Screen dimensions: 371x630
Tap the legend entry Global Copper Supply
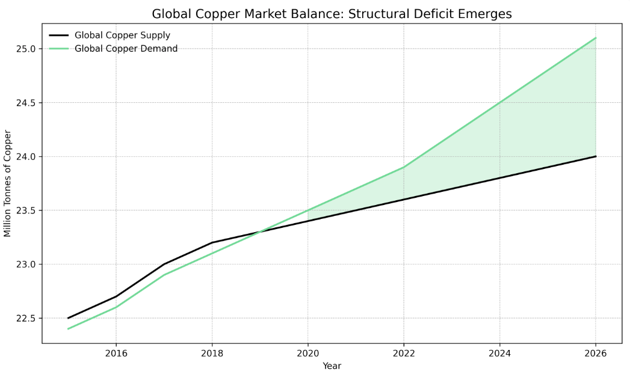tap(122, 35)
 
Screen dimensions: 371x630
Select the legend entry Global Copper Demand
tap(126, 49)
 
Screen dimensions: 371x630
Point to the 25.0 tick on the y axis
tap(26, 49)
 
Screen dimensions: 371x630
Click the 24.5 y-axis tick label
tap(26, 103)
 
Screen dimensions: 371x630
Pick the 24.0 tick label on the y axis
tap(26, 157)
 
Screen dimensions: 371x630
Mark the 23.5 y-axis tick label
tap(26, 210)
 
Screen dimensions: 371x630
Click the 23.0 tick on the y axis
tap(26, 265)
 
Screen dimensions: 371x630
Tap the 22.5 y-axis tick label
tap(26, 318)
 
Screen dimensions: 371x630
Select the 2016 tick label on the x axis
tap(116, 354)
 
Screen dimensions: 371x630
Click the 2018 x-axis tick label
tap(212, 354)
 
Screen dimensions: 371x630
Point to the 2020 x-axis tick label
tap(307, 354)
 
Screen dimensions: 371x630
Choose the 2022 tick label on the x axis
tap(404, 354)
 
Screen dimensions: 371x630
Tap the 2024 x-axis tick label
tap(499, 354)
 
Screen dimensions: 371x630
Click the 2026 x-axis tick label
tap(596, 354)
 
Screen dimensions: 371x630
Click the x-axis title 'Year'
tap(332, 366)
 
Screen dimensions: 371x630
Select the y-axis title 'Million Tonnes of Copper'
tap(8, 183)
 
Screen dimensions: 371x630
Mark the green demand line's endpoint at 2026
tap(596, 38)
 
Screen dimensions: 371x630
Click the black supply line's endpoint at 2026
tap(596, 156)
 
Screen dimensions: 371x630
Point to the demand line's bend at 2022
tap(404, 167)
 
